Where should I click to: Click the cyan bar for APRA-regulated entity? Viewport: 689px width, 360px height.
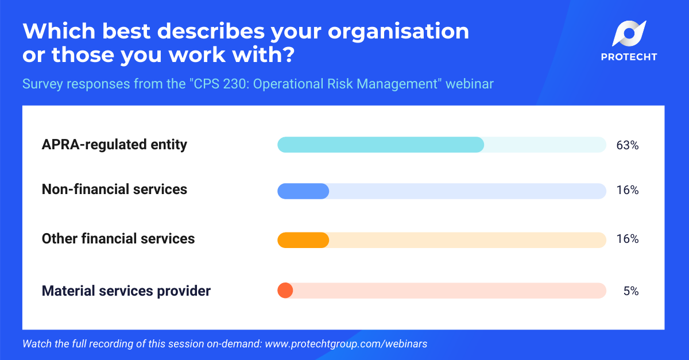(380, 145)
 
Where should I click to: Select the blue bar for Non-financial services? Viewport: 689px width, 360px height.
(303, 191)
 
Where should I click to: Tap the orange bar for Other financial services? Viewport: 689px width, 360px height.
(303, 240)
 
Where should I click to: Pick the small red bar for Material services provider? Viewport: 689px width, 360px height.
(285, 291)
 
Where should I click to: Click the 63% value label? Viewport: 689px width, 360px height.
(627, 145)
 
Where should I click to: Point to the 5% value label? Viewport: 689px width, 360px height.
(630, 291)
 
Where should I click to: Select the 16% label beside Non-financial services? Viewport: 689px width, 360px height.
(627, 190)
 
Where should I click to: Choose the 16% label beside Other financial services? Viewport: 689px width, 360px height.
(627, 239)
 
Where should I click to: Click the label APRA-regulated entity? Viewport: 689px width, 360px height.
(114, 145)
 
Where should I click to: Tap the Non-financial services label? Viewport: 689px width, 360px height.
(114, 189)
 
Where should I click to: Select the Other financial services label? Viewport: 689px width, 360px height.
(118, 239)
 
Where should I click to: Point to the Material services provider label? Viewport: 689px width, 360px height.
(126, 291)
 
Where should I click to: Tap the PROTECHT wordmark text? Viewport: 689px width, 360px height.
(629, 57)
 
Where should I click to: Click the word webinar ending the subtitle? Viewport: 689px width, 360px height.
(470, 84)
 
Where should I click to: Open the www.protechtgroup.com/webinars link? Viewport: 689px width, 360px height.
(346, 344)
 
